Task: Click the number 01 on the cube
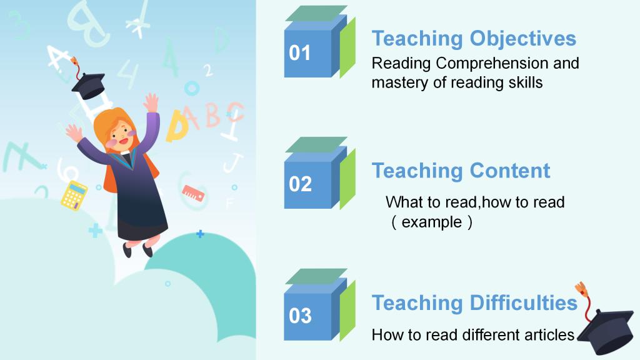pyautogui.click(x=299, y=53)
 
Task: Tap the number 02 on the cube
pyautogui.click(x=300, y=184)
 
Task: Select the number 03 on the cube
pyautogui.click(x=300, y=316)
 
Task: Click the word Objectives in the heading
pyautogui.click(x=523, y=39)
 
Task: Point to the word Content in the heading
pyautogui.click(x=510, y=171)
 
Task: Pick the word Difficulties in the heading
pyautogui.click(x=524, y=303)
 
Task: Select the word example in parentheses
pyautogui.click(x=432, y=222)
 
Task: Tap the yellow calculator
pyautogui.click(x=74, y=196)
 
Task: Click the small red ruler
pyautogui.click(x=192, y=193)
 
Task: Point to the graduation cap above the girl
pyautogui.click(x=88, y=86)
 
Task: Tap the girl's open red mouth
pyautogui.click(x=124, y=141)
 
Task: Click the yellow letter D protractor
pyautogui.click(x=177, y=126)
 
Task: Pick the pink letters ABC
pyautogui.click(x=215, y=116)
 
